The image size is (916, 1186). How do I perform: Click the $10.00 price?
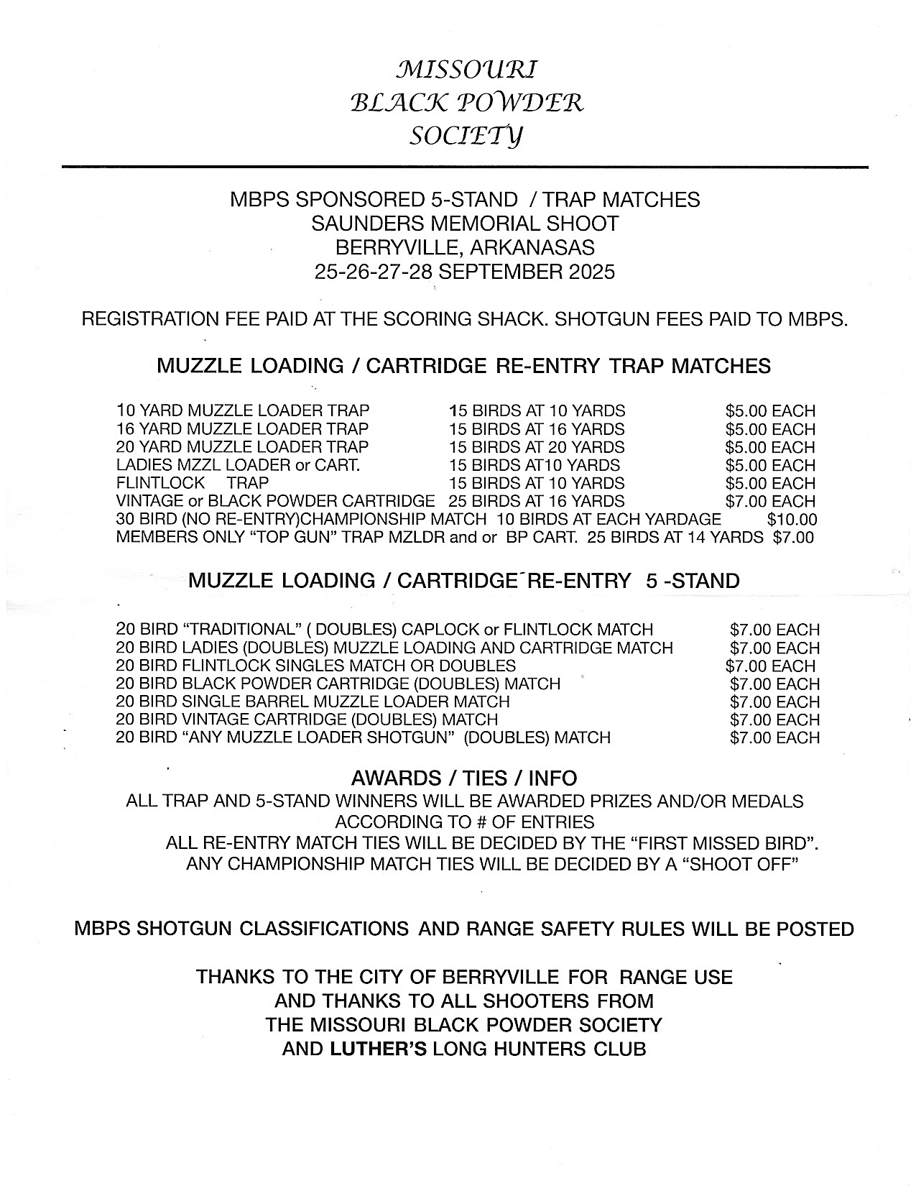point(792,519)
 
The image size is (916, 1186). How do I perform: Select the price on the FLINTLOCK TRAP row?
point(770,483)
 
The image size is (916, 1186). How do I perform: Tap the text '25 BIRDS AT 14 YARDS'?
point(675,537)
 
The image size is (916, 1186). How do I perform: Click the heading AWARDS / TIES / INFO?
point(464,778)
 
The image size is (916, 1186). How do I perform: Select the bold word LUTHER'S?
point(378,1049)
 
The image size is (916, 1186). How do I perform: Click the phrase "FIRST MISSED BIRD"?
point(725,842)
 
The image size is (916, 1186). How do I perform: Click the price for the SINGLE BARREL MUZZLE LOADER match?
point(774,702)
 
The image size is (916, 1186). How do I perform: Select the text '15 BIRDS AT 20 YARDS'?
point(537,447)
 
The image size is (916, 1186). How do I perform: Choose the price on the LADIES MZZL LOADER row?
point(770,465)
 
